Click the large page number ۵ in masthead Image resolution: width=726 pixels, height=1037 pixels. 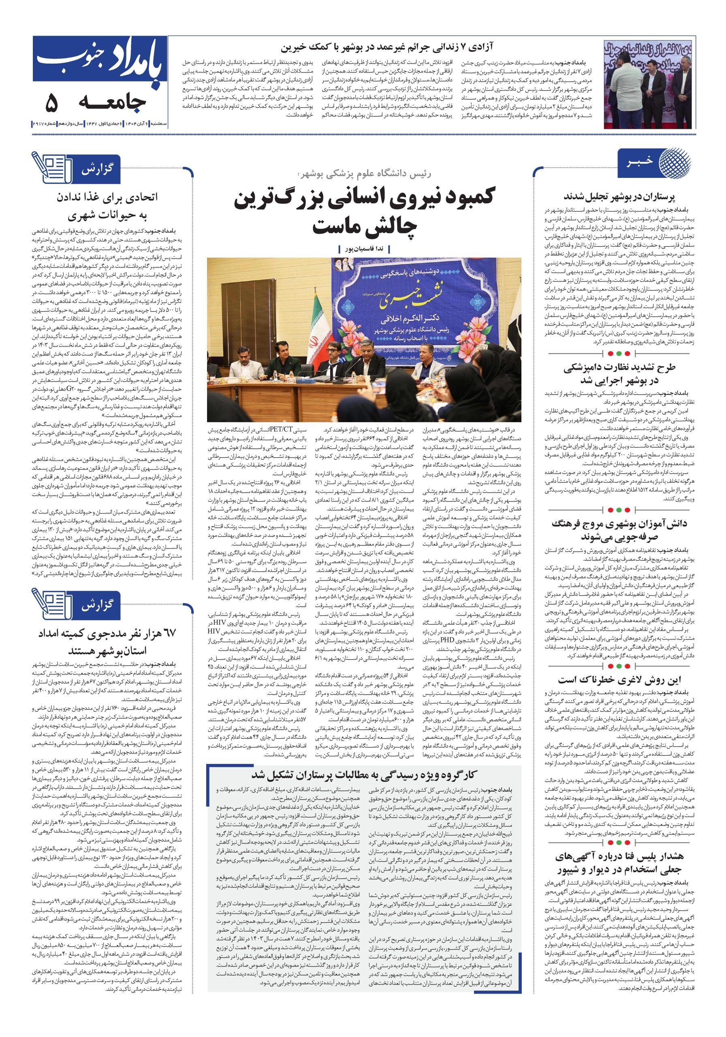[x=51, y=103]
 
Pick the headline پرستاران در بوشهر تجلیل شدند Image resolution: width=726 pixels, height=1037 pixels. [x=619, y=197]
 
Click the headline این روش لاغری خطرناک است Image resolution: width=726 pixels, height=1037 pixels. [x=619, y=680]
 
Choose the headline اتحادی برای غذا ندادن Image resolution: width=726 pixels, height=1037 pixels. [x=107, y=206]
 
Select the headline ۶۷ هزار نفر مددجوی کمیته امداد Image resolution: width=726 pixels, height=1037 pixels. [x=107, y=641]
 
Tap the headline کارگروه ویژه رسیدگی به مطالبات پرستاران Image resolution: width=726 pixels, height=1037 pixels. [x=364, y=775]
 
